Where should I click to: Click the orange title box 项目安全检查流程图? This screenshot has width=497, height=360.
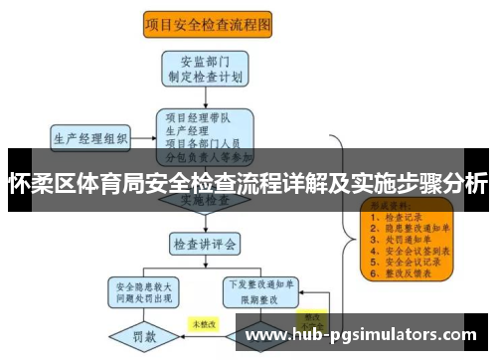tap(207, 23)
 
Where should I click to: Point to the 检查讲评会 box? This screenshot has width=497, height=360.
tap(205, 243)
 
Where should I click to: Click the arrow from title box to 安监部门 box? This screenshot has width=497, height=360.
tap(206, 44)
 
